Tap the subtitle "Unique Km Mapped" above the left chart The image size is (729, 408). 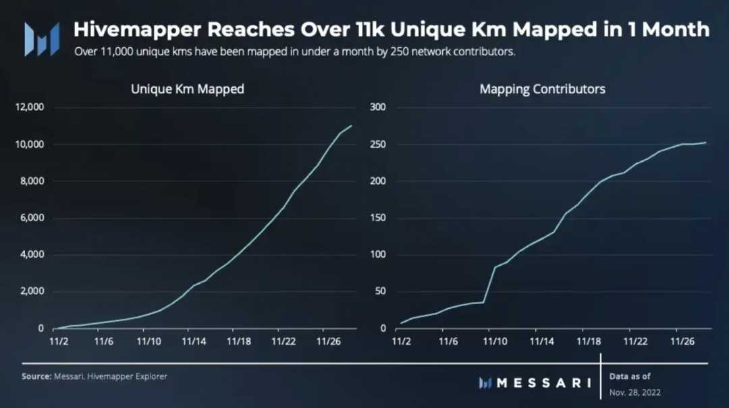[x=188, y=89]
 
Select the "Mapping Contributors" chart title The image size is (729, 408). [x=542, y=89]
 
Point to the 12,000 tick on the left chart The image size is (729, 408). [x=30, y=107]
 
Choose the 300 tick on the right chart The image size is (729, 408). [x=378, y=107]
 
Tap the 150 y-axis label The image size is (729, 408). [x=378, y=218]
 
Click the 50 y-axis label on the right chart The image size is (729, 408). [x=380, y=292]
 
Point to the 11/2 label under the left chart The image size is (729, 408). [x=58, y=342]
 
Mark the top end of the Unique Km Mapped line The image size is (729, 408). [x=352, y=125]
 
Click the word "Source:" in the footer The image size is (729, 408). [x=36, y=376]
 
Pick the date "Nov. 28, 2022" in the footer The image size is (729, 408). [x=634, y=392]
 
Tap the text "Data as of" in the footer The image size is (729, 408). [x=630, y=376]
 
